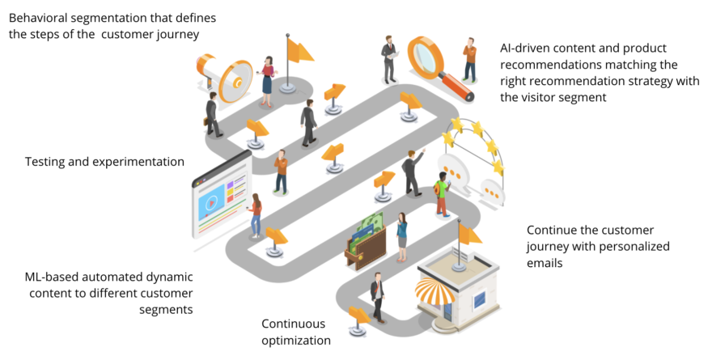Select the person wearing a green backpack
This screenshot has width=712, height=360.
pyautogui.click(x=441, y=193)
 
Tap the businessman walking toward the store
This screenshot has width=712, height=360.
pyautogui.click(x=376, y=296)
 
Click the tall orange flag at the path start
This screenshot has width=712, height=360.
pyautogui.click(x=297, y=50)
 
